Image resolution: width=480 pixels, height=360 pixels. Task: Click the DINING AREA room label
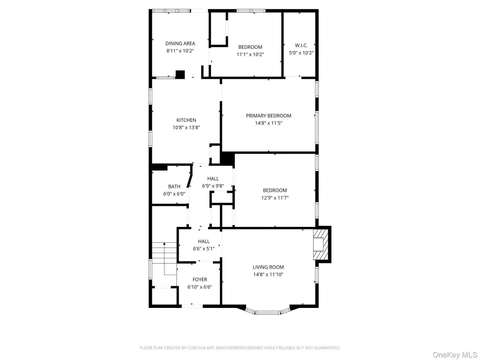[x=180, y=44]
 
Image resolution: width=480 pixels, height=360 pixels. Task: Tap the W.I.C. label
[x=301, y=45]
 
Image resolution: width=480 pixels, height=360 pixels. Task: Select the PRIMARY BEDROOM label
[x=269, y=115]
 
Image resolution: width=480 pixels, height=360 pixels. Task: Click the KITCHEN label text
[x=186, y=120]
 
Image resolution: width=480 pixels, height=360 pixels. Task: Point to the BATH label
[x=174, y=186]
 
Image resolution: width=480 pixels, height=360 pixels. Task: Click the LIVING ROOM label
[x=268, y=267]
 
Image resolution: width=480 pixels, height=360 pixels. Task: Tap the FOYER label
[x=200, y=279]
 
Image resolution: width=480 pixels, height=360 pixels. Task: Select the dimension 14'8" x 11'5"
[x=269, y=123]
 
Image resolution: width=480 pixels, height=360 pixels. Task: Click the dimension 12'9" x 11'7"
[x=275, y=198]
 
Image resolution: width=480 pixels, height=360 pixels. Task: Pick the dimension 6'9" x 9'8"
[x=213, y=186]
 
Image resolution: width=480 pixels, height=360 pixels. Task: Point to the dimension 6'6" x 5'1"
[x=203, y=248]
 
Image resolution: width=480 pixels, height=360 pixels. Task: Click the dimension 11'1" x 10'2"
[x=250, y=54]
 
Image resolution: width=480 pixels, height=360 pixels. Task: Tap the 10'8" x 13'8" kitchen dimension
[x=186, y=127]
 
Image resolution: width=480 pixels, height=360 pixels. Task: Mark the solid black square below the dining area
[x=180, y=75]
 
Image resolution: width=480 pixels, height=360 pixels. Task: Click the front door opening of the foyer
[x=192, y=306]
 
